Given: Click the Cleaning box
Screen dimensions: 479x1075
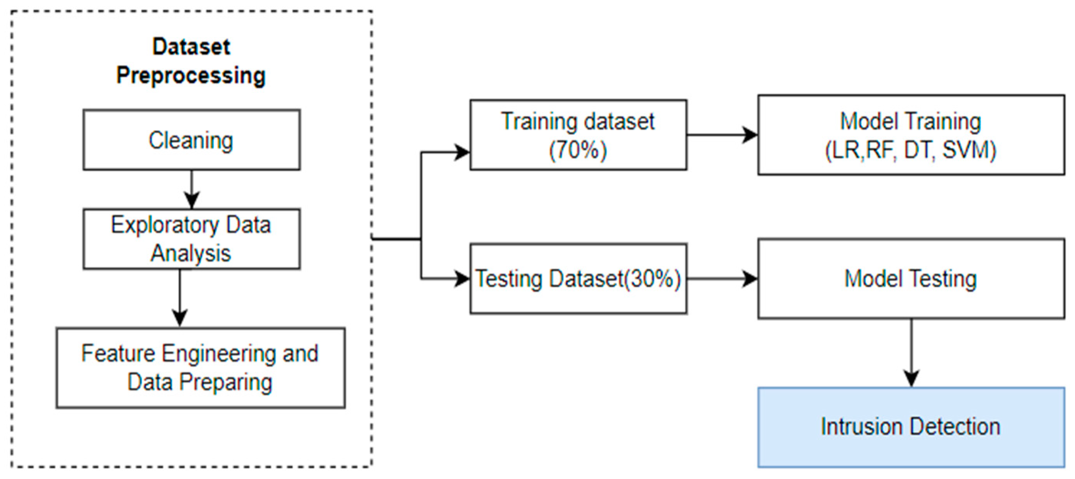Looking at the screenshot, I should coord(191,140).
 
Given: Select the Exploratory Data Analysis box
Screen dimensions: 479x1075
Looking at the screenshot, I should coord(191,239).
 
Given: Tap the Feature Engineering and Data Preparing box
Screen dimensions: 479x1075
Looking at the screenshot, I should coord(200,368).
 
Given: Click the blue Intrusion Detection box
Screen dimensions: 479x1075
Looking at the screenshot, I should coord(911,427).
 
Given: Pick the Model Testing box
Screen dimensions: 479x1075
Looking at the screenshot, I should coord(911,279).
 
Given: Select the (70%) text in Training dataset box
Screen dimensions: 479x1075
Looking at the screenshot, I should coord(578,150).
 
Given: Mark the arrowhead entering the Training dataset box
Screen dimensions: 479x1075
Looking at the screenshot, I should coord(462,152).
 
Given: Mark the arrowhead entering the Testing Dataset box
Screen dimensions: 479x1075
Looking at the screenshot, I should coord(462,279).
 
